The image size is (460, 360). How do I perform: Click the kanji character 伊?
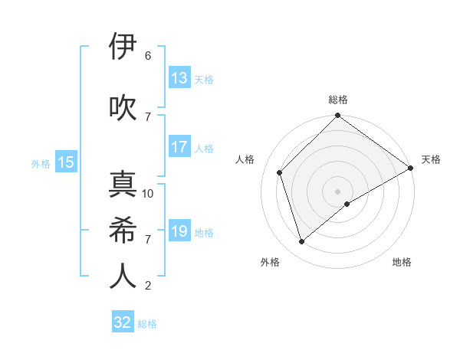pyautogui.click(x=123, y=47)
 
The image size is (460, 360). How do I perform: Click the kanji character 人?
pyautogui.click(x=123, y=276)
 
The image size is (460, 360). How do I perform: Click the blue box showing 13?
pyautogui.click(x=179, y=77)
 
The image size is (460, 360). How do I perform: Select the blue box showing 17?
pyautogui.click(x=179, y=148)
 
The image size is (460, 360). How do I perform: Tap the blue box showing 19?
pyautogui.click(x=179, y=231)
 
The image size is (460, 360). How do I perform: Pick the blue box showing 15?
pyautogui.click(x=66, y=162)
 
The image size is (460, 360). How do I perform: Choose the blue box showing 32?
pyautogui.click(x=123, y=322)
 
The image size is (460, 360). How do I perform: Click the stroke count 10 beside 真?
pyautogui.click(x=148, y=194)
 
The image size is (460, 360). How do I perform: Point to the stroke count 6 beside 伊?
pyautogui.click(x=148, y=56)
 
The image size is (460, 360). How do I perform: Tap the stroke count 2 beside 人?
pyautogui.click(x=148, y=286)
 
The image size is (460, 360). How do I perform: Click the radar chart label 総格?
pyautogui.click(x=338, y=100)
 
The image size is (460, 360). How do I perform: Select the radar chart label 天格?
pyautogui.click(x=431, y=159)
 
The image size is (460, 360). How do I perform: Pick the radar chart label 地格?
pyautogui.click(x=402, y=262)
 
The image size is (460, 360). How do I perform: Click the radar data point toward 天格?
pyautogui.click(x=411, y=169)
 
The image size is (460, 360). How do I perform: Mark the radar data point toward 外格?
pyautogui.click(x=302, y=241)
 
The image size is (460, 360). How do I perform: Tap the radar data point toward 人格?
pyautogui.click(x=280, y=172)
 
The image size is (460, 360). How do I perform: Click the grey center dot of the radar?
pyautogui.click(x=338, y=191)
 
